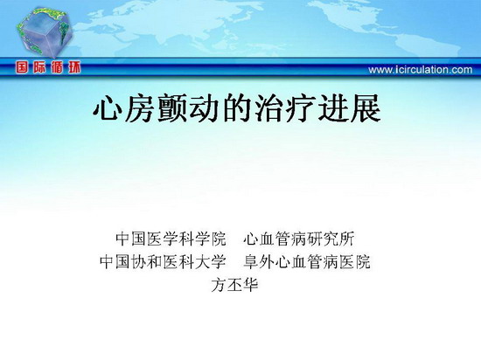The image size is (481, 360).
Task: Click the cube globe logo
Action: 44,31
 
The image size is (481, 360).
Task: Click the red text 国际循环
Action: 48,67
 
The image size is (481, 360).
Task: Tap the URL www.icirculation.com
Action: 421,70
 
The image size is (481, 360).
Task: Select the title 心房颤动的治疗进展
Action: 237,108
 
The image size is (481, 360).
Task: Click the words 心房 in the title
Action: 124,108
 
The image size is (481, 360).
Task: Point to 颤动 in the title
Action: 189,108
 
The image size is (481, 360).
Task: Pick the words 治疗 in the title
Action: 286,108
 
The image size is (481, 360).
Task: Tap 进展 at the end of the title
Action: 350,108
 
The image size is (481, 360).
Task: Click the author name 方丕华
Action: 234,285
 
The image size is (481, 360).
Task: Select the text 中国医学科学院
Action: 171,239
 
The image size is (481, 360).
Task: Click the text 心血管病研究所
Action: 299,239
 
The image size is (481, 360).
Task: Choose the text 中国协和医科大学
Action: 163,262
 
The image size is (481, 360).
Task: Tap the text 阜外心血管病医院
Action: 307,262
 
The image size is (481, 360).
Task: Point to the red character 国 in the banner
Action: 22,67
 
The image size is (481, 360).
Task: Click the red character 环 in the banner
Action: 74,67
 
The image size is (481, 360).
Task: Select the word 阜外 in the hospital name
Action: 259,262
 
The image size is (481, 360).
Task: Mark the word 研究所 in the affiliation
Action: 331,239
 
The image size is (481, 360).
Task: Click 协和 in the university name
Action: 147,262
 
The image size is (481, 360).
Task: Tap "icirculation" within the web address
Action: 421,70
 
